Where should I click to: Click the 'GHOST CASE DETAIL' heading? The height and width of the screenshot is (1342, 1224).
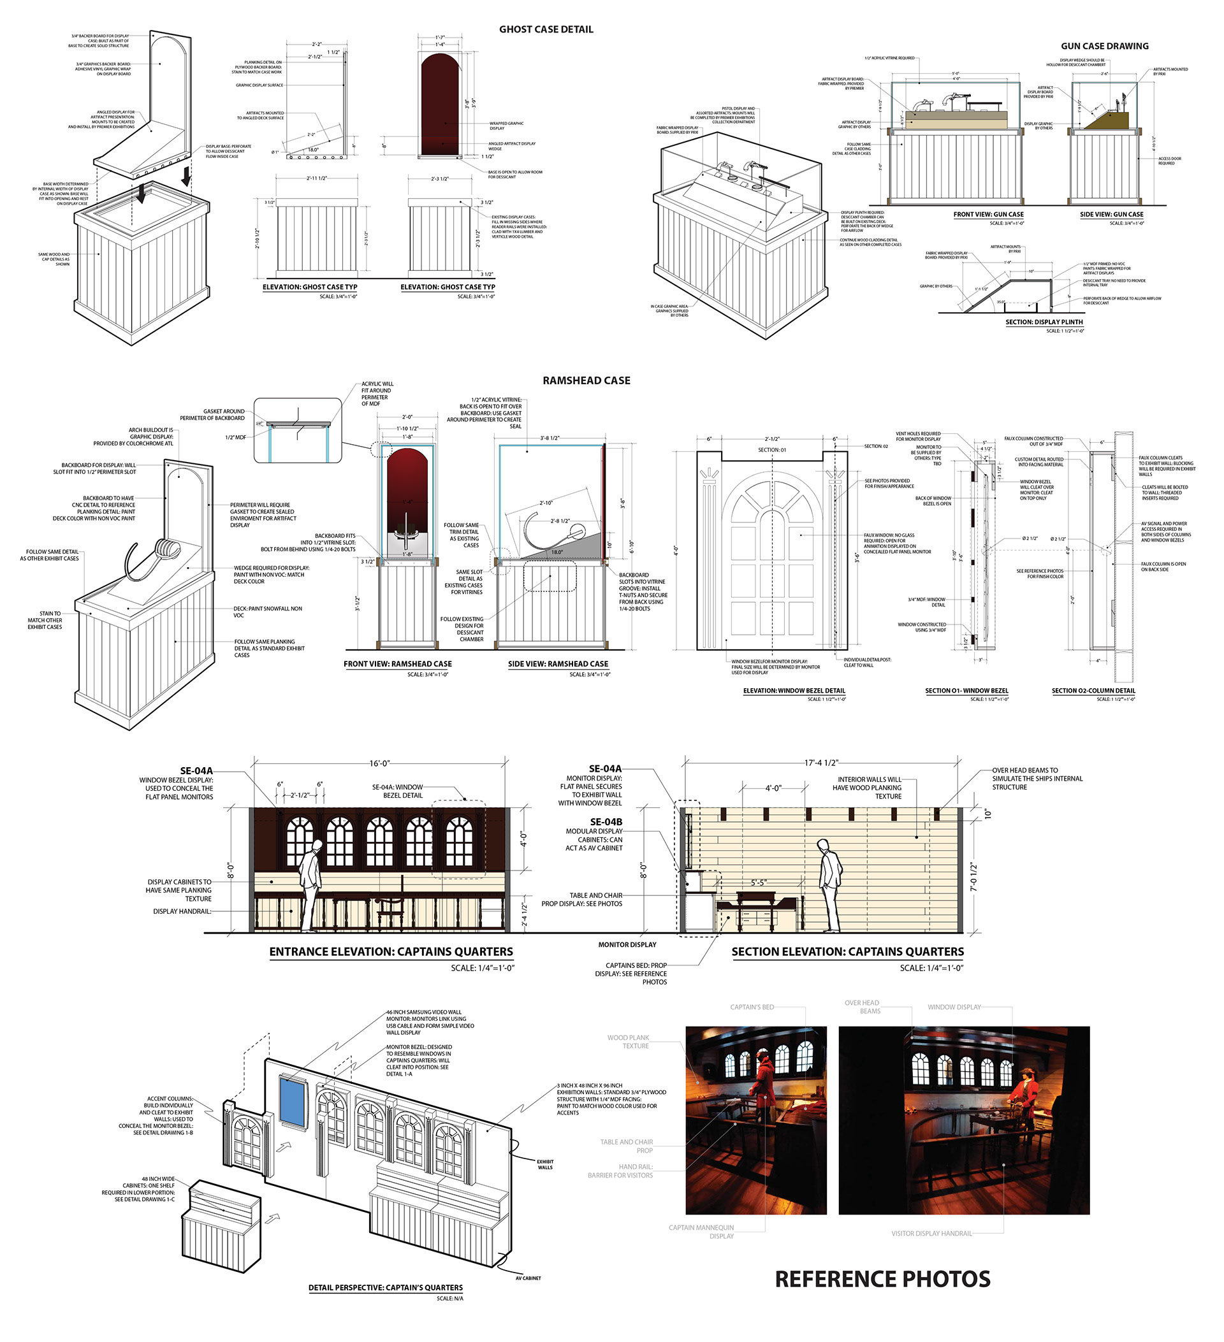click(x=546, y=29)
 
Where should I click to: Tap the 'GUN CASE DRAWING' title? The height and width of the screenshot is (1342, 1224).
click(x=1104, y=46)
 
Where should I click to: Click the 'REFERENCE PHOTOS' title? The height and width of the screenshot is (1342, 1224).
click(x=882, y=1279)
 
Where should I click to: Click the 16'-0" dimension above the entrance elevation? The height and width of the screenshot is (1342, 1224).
click(x=379, y=763)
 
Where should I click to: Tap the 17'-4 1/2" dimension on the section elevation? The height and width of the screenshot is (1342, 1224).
click(x=821, y=763)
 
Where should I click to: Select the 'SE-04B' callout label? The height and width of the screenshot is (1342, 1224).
click(x=606, y=822)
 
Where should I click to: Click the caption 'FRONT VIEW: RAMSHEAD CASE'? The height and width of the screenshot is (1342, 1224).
click(x=398, y=664)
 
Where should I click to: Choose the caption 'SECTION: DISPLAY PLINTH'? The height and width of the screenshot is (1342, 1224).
click(x=1044, y=322)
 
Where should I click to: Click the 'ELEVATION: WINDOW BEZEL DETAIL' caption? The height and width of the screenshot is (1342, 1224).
click(x=794, y=691)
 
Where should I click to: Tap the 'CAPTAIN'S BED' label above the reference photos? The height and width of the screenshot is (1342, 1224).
click(x=752, y=1007)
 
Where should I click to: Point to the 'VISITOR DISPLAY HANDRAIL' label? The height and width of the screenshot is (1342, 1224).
click(x=931, y=1234)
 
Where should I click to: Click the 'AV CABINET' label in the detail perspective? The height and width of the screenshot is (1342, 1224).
click(x=528, y=1278)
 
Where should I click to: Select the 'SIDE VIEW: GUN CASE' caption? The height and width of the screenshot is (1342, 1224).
click(x=1111, y=214)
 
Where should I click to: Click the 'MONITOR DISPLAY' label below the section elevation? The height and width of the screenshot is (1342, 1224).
click(x=627, y=944)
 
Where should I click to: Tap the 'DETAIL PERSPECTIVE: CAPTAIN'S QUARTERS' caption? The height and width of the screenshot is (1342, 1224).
click(x=385, y=1287)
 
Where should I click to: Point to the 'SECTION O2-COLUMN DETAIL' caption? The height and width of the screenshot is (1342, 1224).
click(x=1093, y=691)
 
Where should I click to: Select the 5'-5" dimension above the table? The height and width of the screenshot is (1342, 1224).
click(x=759, y=883)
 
